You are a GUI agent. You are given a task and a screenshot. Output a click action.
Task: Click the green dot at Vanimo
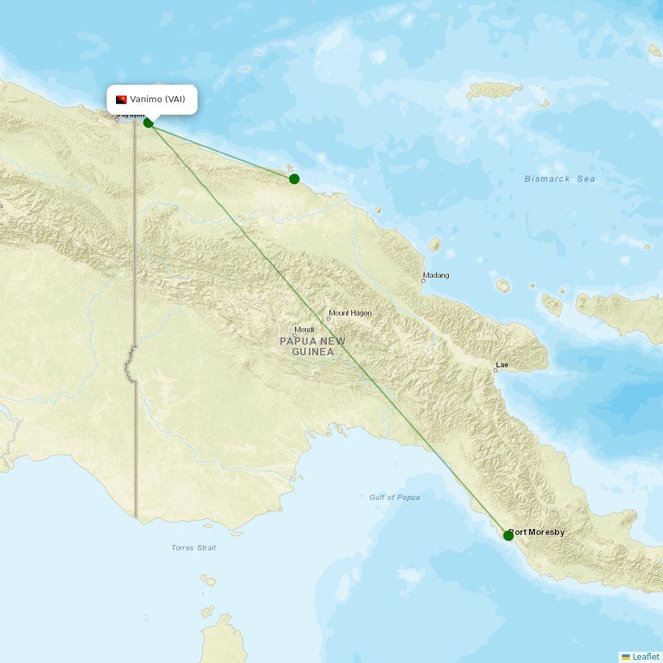pos(149,123)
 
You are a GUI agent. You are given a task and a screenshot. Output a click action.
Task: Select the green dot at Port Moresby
pos(509,535)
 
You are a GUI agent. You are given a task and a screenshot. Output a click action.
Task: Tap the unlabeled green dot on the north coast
pos(294,179)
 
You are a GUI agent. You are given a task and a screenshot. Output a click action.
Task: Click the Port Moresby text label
pos(538,532)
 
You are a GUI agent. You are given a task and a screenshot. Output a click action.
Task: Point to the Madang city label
pos(436,275)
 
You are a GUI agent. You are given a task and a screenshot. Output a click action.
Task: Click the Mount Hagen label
pos(351,313)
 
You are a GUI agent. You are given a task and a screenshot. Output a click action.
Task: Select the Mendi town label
pos(304,330)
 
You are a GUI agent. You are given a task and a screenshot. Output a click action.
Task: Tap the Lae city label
pos(502,365)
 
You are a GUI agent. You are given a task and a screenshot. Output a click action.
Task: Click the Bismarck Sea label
pos(560,179)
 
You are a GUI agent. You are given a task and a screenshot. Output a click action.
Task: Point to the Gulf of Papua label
pos(394,497)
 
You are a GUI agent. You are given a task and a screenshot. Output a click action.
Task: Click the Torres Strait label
pos(194,548)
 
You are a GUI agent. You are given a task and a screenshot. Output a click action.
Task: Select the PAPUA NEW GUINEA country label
pos(312,346)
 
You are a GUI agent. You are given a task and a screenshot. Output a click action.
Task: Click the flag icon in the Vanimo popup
pos(121,100)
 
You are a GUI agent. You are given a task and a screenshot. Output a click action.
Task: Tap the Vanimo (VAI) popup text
pos(158,100)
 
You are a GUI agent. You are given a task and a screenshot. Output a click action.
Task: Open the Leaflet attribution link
pos(645,656)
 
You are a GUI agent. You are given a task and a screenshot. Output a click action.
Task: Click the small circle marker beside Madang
pos(423,281)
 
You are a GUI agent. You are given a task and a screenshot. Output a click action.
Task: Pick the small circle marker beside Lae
pos(495,370)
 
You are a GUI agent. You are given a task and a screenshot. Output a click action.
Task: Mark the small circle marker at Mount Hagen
pos(328,319)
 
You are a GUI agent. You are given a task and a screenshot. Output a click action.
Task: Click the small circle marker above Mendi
pos(295,335)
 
